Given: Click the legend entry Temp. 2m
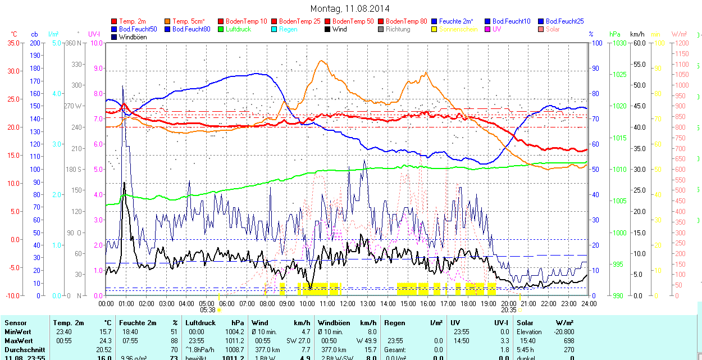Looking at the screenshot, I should [133, 21].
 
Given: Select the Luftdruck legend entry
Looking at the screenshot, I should [238, 29].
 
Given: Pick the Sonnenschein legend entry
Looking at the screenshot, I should [458, 29].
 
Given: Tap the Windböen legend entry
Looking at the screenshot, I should [133, 37].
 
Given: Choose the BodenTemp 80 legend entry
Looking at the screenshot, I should [407, 21].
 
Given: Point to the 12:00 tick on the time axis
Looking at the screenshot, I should [347, 303].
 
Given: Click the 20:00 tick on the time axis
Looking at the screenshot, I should [508, 303].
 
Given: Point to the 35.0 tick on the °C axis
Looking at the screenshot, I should [11, 43].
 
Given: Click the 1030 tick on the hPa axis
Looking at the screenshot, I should [619, 43].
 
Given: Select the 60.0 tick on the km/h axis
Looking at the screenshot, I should [639, 43].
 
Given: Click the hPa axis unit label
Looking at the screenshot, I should [614, 34].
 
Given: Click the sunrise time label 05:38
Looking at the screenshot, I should [207, 309].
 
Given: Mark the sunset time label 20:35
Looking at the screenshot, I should [508, 309].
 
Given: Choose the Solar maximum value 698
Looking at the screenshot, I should [568, 340].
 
